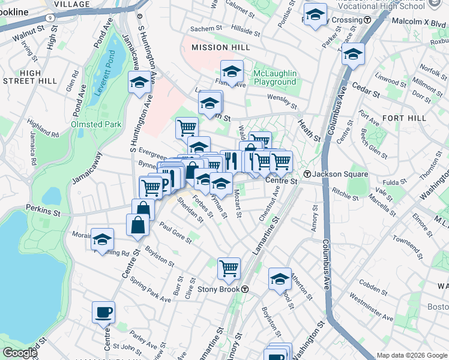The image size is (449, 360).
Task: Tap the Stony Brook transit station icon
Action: coord(246,289)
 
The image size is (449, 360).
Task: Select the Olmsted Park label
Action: coord(96,124)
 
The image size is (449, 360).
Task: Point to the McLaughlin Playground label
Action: coord(275,77)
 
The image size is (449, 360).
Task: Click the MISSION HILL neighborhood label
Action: coord(217,47)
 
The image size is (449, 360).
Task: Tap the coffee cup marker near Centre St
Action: coord(103,312)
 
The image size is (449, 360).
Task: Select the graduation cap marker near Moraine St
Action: coord(103,238)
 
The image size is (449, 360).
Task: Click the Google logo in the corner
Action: coord(19,352)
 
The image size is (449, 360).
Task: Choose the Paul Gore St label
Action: coord(175,233)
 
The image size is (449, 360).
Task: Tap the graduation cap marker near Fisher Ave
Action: coord(232,71)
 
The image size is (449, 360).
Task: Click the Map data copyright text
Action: coord(412,355)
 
